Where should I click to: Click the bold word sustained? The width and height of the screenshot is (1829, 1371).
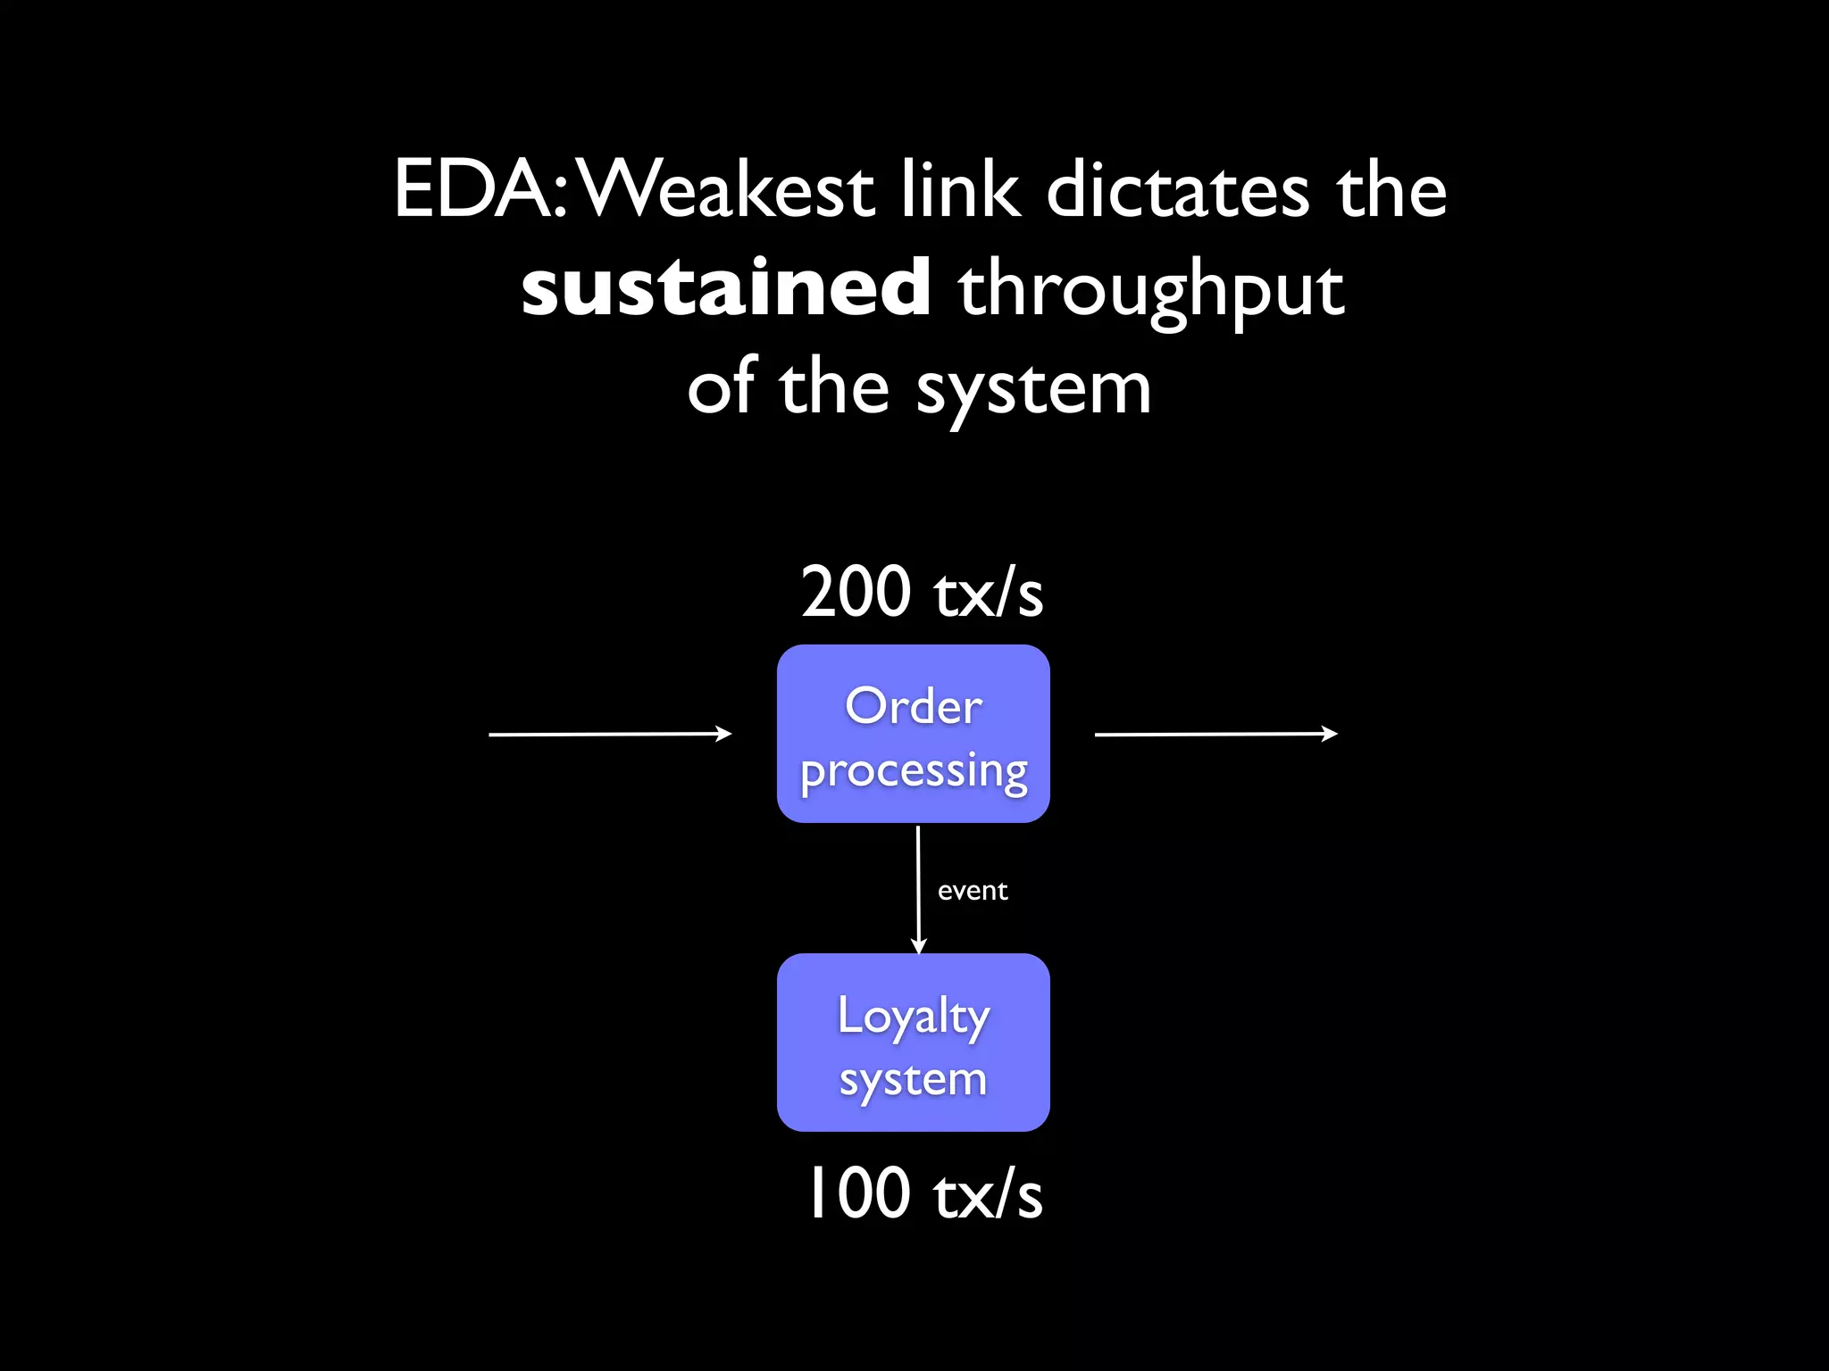[725, 288]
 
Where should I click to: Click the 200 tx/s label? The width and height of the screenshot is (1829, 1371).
[922, 592]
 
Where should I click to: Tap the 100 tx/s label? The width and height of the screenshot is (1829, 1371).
[923, 1194]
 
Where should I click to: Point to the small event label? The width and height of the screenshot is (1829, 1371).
[973, 891]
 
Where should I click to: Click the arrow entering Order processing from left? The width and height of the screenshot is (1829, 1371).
[610, 734]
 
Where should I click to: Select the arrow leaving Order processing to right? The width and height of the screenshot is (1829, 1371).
[1215, 734]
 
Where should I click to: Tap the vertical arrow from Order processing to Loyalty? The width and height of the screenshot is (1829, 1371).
[918, 889]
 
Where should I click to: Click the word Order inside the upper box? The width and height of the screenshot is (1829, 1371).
[914, 707]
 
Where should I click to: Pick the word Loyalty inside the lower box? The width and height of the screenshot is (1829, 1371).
[914, 1017]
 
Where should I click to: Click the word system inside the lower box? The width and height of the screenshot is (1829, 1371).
[914, 1081]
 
